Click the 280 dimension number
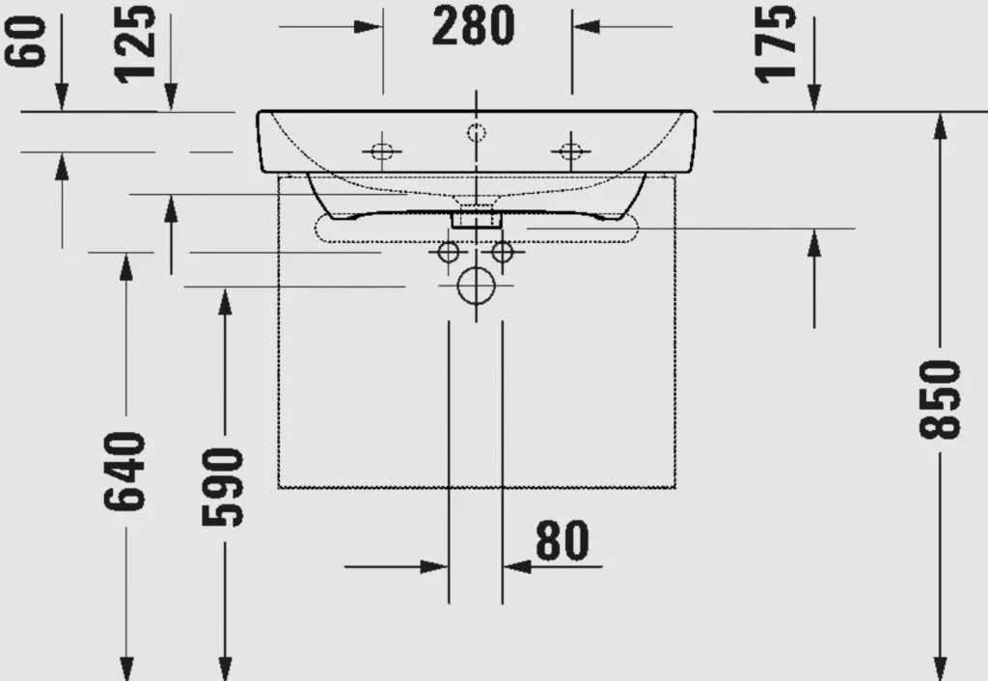(473, 26)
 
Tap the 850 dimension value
(940, 399)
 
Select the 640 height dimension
(124, 471)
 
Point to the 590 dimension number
(223, 486)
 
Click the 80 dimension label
(563, 540)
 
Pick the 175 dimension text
(775, 43)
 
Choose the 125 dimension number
(135, 43)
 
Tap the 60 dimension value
(25, 41)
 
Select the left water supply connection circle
(449, 253)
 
